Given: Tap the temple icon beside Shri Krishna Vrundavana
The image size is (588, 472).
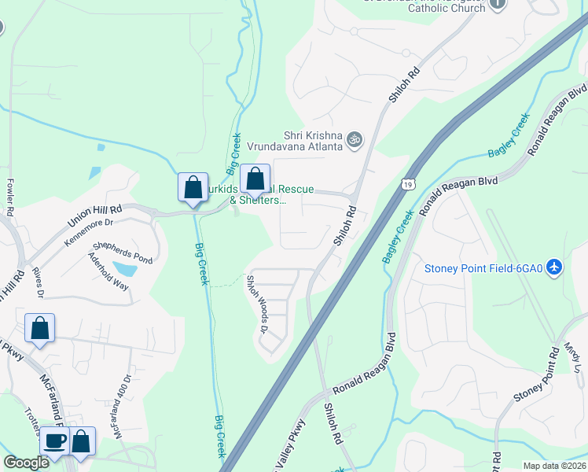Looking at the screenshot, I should (355, 140).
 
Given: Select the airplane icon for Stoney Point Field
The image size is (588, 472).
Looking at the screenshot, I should (555, 267).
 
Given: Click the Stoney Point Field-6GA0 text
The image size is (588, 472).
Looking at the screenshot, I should (483, 268).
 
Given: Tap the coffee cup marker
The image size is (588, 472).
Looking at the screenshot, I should (54, 441).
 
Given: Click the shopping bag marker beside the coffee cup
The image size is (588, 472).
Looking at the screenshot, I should (81, 441).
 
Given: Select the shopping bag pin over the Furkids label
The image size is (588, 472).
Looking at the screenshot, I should (255, 179).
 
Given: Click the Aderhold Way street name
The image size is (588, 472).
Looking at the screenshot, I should (108, 271).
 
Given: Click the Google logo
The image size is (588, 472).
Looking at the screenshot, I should (27, 463).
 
